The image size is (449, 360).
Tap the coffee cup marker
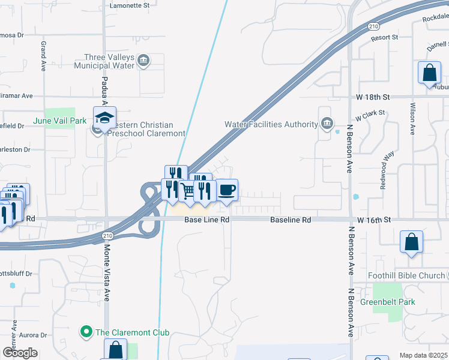click(227, 191)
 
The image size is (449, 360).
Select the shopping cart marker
click(188, 191)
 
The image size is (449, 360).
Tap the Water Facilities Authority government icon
click(327, 124)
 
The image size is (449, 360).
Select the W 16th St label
click(373, 220)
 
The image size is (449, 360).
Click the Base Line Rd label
click(207, 220)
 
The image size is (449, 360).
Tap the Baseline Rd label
click(291, 220)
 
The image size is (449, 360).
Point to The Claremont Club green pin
click(86, 332)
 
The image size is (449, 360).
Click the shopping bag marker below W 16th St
click(412, 242)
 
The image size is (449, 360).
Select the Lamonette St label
click(130, 5)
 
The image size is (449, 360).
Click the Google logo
click(20, 353)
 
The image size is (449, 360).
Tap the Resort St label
click(385, 37)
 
